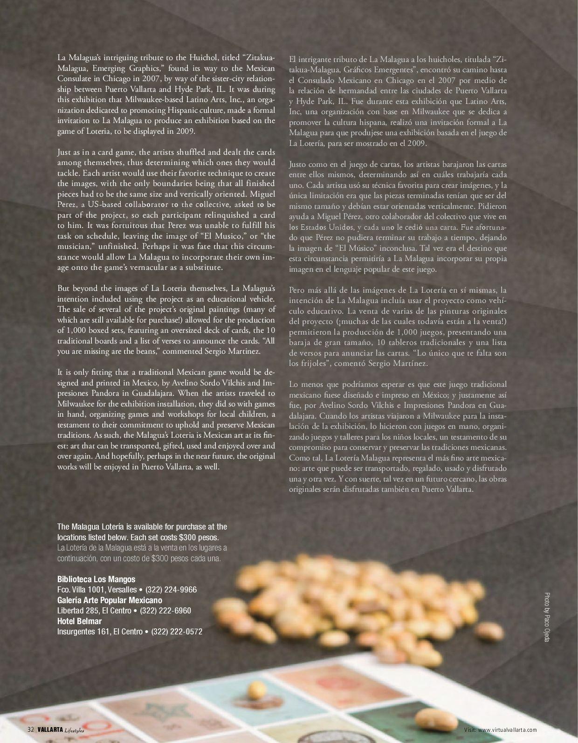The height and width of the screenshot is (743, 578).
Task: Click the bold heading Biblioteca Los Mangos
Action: click(x=96, y=579)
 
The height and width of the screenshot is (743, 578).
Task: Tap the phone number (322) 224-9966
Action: click(x=171, y=590)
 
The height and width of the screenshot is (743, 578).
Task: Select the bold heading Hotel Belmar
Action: click(x=79, y=621)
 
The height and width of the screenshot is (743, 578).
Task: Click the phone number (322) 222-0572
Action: click(x=177, y=632)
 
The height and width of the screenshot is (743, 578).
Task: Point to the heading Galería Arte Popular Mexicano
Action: click(x=110, y=600)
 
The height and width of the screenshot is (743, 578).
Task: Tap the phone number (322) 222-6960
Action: click(x=165, y=611)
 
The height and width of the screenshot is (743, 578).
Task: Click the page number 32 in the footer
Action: click(x=30, y=729)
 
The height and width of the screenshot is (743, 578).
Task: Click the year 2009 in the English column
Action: click(x=185, y=131)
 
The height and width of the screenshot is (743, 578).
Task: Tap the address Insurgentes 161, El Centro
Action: click(x=100, y=632)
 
